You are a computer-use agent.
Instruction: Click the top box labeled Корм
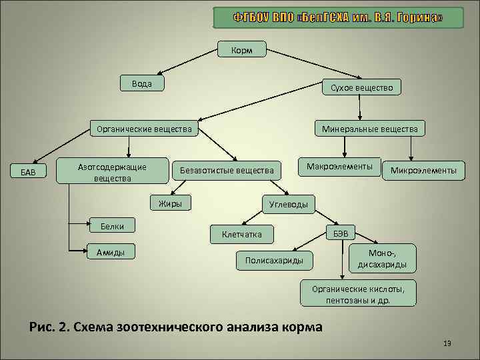point(241,51)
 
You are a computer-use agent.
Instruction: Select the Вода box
point(141,84)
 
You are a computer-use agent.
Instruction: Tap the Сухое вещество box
point(361,87)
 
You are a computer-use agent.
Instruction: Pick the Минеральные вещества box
point(369,128)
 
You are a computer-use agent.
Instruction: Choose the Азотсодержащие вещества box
point(112,172)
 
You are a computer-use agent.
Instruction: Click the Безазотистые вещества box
point(227,171)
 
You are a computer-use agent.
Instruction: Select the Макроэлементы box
point(339,166)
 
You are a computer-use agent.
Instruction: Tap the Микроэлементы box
point(423,171)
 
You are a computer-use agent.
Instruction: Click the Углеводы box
point(288,205)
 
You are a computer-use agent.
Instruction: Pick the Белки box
point(112,227)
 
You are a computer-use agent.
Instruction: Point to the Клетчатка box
point(241,234)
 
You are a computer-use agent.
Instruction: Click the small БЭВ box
point(340,233)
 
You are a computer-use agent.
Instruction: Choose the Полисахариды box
point(274,260)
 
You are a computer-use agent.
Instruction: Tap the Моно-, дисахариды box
point(383,258)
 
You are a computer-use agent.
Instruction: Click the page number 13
point(447,343)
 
